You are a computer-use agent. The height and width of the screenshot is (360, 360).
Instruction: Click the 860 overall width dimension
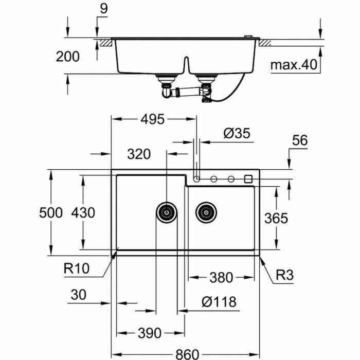point(185,354)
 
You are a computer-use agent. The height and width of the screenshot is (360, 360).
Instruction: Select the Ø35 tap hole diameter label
point(237,134)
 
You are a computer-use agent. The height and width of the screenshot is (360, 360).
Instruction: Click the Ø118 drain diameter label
point(219,301)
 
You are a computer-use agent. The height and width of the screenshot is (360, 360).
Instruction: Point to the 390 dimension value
point(149,333)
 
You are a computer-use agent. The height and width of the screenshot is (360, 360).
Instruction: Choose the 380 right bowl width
point(221,278)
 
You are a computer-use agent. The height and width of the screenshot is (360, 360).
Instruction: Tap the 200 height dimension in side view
point(67,56)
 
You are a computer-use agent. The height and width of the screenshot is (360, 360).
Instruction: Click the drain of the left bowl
point(167,211)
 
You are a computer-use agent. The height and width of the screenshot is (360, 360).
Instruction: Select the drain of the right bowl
point(206,212)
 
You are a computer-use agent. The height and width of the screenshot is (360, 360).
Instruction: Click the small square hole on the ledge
point(248,178)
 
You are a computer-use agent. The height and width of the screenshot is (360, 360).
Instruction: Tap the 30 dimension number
point(79,295)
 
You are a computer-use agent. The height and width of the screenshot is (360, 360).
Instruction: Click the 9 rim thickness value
point(104,8)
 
